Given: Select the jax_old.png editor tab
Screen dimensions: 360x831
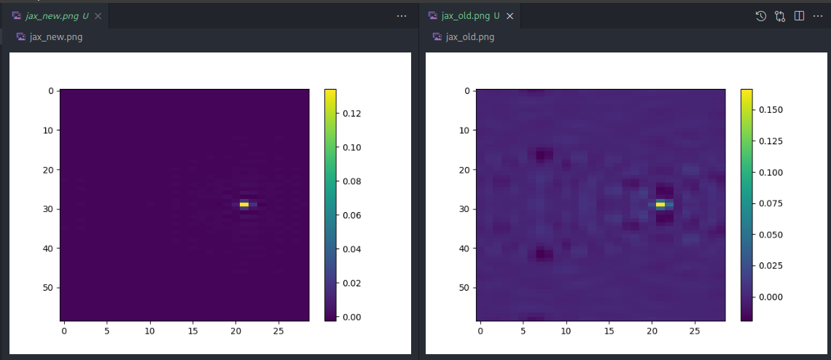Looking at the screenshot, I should pyautogui.click(x=467, y=15).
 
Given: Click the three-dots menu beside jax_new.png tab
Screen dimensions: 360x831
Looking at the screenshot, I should pyautogui.click(x=402, y=15).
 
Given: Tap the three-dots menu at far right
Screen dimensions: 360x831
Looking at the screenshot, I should pyautogui.click(x=818, y=15).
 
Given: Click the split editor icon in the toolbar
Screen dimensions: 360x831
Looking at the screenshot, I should pyautogui.click(x=799, y=15).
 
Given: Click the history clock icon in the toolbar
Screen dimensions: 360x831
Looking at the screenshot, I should pyautogui.click(x=760, y=15).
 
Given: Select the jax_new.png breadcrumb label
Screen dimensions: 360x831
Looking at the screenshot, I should pyautogui.click(x=55, y=37).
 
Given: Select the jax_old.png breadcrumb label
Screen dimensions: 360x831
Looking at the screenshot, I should pyautogui.click(x=470, y=37).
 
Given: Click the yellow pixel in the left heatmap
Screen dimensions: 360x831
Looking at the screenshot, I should pyautogui.click(x=244, y=205).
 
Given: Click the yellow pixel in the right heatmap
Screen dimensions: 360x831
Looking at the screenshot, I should pyautogui.click(x=660, y=205).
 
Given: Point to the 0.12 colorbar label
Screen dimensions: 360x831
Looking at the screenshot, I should pyautogui.click(x=352, y=114).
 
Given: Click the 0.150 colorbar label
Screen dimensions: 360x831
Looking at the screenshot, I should pyautogui.click(x=770, y=109).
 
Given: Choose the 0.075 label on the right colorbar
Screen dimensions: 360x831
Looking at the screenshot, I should pyautogui.click(x=770, y=203).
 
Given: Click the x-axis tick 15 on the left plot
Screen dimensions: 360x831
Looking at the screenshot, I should pyautogui.click(x=193, y=331).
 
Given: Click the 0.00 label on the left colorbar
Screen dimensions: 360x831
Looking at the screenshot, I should pyautogui.click(x=352, y=316).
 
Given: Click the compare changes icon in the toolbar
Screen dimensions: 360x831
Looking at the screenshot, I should pyautogui.click(x=780, y=15).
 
